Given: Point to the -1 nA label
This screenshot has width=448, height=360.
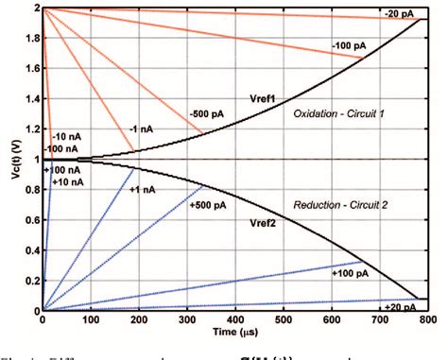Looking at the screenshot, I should [142, 131].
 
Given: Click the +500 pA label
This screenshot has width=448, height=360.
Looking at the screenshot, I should [207, 203].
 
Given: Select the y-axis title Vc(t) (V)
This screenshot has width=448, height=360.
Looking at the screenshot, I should [10, 159].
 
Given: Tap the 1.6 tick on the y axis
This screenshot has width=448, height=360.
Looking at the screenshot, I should [30, 68].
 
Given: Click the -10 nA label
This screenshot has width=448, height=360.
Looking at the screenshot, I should [66, 138].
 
